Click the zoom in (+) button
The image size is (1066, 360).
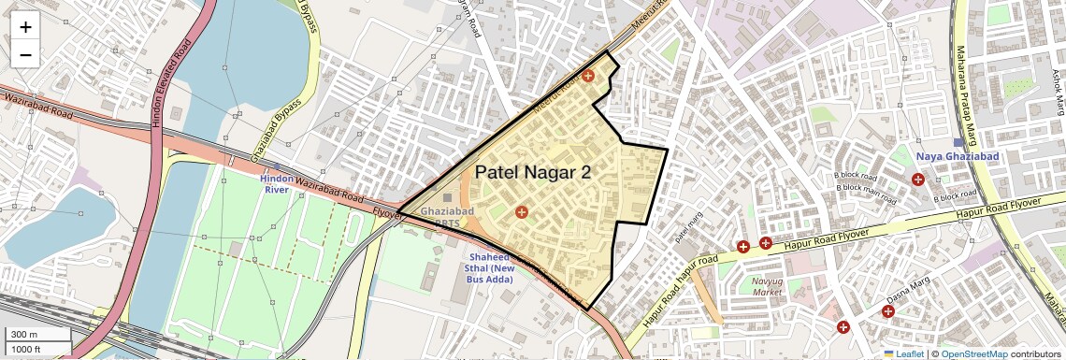[25, 27]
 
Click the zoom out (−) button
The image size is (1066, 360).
[25, 55]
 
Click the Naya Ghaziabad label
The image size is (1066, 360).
[958, 156]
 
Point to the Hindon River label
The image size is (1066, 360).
[277, 183]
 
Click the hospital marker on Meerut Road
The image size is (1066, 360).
[588, 76]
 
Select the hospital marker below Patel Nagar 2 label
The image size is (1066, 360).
[521, 212]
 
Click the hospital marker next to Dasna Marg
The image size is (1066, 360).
[887, 311]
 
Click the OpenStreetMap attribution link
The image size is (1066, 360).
[974, 353]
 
